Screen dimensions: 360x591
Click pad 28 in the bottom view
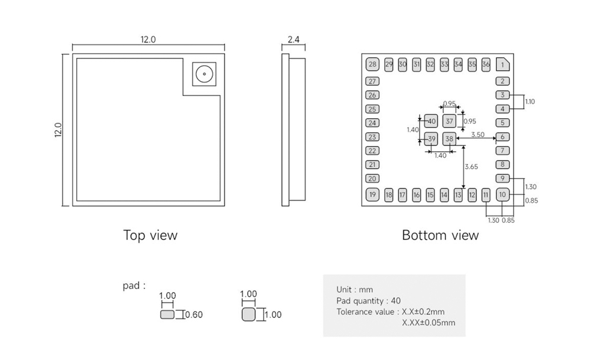tap(372, 64)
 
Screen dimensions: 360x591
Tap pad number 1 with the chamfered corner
tap(502, 64)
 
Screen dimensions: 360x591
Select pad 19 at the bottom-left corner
tap(372, 194)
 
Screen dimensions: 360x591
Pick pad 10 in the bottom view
tap(502, 194)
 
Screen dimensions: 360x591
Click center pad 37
tap(450, 121)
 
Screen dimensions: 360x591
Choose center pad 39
tap(432, 140)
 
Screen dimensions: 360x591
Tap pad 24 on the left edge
tap(372, 123)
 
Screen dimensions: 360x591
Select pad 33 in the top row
tap(444, 64)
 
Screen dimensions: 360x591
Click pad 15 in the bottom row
tap(430, 194)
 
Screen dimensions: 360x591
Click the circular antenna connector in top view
tap(204, 74)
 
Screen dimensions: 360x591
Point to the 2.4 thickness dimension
tap(293, 40)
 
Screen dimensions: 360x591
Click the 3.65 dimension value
tap(471, 167)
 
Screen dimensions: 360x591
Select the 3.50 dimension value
tap(478, 135)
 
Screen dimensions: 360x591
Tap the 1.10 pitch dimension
tap(530, 102)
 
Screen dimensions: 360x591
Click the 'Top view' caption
tap(150, 235)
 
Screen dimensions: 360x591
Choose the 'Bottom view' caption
tap(440, 235)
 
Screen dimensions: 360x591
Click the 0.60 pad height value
tap(194, 315)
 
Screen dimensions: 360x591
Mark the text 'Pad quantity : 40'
tap(368, 301)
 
